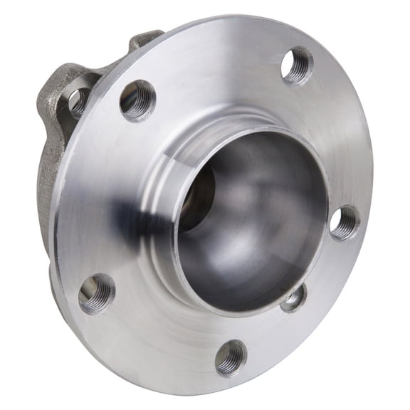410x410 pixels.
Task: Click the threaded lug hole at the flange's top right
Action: [x=298, y=65]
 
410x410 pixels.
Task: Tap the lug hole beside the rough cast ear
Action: [x=137, y=99]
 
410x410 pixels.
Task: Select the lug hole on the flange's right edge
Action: [x=345, y=222]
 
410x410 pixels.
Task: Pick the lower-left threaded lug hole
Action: [x=97, y=293]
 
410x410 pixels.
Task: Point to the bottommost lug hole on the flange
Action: [x=231, y=357]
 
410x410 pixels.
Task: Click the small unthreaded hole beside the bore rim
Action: [x=293, y=298]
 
